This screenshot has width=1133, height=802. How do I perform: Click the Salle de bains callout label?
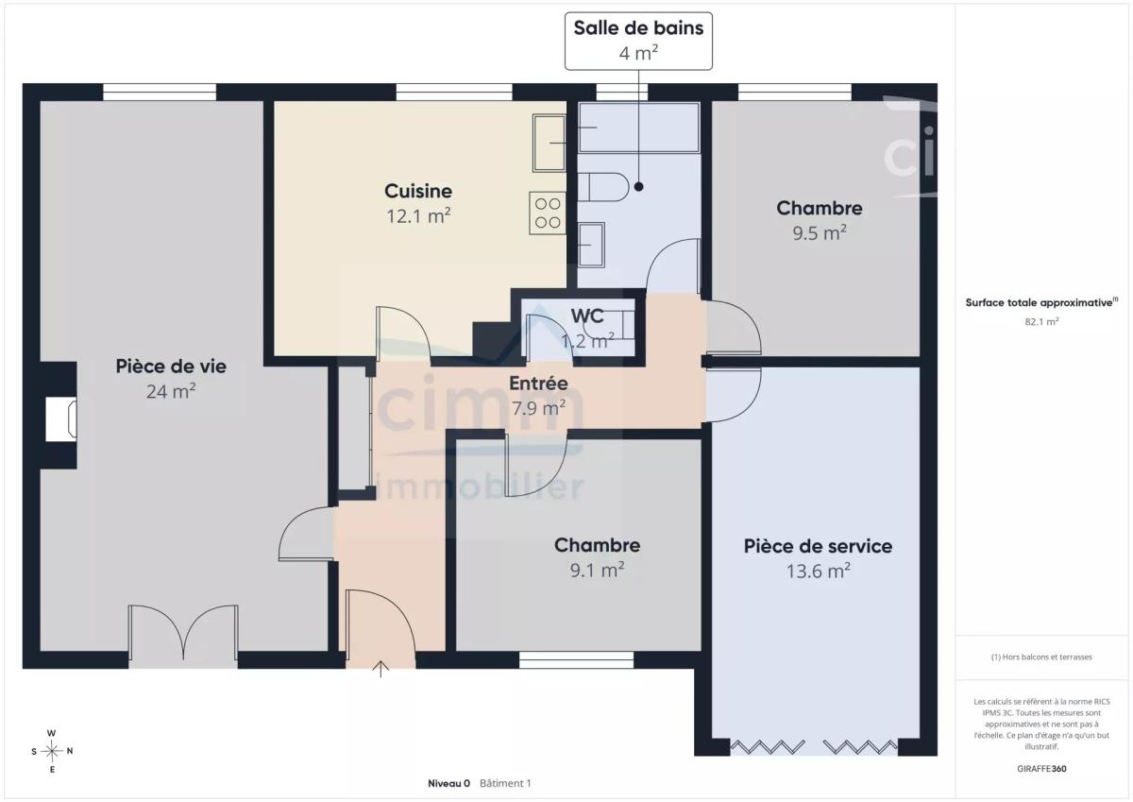pos(638,41)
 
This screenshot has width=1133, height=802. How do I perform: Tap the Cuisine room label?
pos(418,191)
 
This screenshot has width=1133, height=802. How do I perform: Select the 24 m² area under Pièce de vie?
pos(171,391)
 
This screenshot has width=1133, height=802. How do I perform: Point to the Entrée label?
pos(538,384)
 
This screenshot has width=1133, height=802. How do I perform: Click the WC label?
pos(587,316)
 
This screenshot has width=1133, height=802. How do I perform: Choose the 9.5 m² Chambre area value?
pos(820,233)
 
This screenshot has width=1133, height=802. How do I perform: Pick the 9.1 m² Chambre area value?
pos(597,571)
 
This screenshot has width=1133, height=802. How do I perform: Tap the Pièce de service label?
pos(818,546)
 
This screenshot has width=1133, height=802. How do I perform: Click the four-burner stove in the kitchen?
pos(548,213)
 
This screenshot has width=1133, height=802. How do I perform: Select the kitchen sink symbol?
pos(549,143)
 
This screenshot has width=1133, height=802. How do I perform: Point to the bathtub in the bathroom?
pos(639,127)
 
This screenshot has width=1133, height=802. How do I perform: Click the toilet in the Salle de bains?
pos(603,187)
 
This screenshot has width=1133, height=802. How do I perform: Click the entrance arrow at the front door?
pos(380,669)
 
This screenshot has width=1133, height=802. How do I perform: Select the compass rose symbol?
pos(52,751)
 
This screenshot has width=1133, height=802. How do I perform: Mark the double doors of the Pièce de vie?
pos(183,633)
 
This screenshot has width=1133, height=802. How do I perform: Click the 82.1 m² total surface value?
pos(1041,321)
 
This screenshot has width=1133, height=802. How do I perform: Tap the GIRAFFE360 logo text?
pos(1041,769)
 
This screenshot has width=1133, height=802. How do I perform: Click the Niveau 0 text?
pos(448,783)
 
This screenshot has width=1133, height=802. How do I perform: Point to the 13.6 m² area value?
pos(818,572)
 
